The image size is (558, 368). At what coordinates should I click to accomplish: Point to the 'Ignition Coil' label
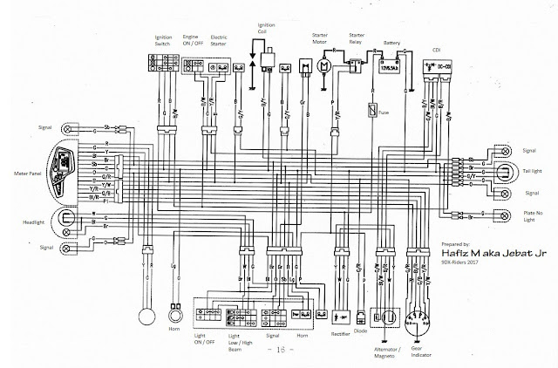[x=259, y=24]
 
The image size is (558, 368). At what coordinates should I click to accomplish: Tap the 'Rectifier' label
[x=341, y=333]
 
